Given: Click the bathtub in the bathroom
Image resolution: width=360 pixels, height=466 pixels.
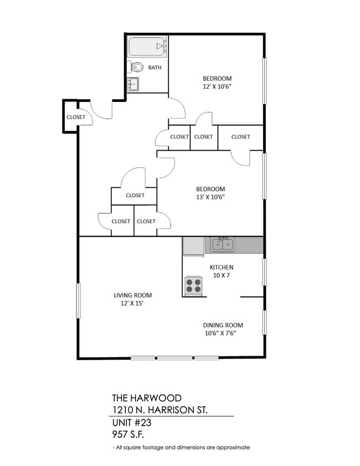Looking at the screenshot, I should point(147,47).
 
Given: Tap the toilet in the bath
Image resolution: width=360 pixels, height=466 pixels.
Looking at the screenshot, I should point(137,68).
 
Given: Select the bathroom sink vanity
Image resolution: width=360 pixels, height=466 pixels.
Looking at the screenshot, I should point(133,84).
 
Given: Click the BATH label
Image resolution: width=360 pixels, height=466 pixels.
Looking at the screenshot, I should point(155,68).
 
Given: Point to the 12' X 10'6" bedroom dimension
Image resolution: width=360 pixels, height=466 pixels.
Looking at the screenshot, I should point(217,86).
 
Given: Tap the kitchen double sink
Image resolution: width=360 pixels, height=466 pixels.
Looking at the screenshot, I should point(222,244).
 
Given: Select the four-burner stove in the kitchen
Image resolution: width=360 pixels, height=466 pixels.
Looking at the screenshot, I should point(193,285).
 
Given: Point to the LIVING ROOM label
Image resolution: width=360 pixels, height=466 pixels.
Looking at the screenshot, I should point(133,295).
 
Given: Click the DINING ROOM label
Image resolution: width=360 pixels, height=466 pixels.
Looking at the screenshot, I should point(223,325).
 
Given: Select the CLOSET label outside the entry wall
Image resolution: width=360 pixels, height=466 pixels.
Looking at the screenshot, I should point(76,117).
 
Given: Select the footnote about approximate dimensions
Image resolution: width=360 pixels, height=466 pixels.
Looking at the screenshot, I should point(181,447).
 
